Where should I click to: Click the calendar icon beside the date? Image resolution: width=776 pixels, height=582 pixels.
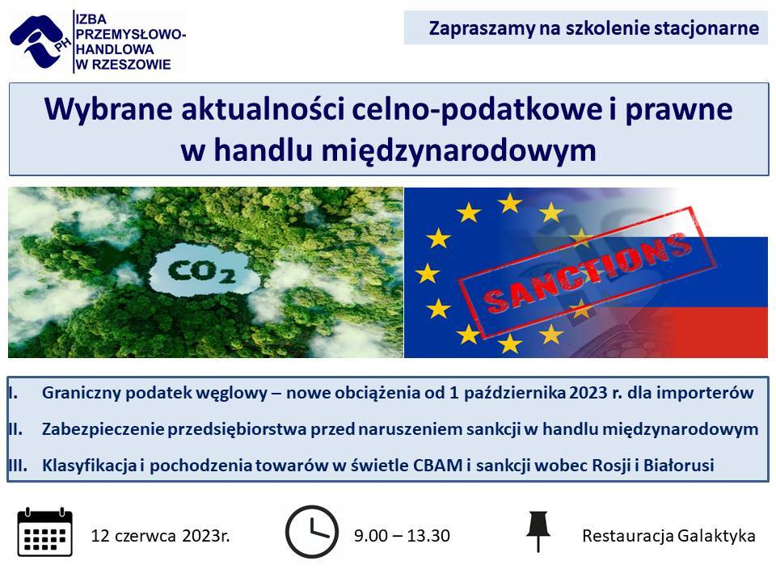click(x=45, y=532)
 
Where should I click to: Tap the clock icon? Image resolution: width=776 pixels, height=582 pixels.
click(x=312, y=532)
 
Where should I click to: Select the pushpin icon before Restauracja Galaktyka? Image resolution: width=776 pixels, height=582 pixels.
click(x=538, y=531)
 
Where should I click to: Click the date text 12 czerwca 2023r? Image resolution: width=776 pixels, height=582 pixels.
click(x=160, y=535)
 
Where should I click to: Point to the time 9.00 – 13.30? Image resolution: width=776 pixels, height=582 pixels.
click(x=402, y=535)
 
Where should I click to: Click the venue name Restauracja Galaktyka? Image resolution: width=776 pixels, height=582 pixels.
click(x=668, y=535)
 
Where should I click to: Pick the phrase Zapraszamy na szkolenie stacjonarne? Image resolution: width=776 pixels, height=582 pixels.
click(x=594, y=27)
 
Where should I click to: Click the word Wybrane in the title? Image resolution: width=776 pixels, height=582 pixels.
click(x=108, y=108)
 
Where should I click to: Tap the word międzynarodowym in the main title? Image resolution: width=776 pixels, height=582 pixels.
click(x=459, y=150)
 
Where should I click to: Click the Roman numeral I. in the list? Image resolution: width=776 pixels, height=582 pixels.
click(x=13, y=393)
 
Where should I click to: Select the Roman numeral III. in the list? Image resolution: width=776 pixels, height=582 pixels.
click(x=17, y=466)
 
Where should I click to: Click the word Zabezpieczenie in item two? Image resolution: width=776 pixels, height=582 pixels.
click(x=103, y=429)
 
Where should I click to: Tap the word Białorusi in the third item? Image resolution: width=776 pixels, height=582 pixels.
click(x=678, y=466)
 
